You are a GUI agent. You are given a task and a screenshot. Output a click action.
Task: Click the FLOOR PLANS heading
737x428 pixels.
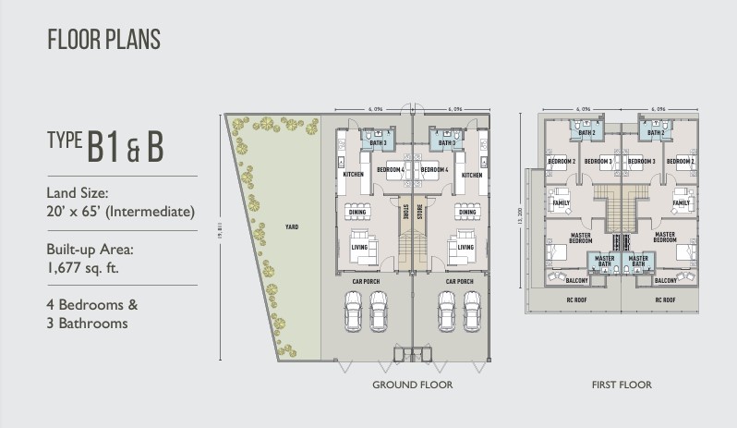103,39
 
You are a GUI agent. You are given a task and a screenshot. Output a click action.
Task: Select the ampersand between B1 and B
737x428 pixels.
131,151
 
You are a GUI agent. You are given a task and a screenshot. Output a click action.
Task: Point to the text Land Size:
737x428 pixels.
79,193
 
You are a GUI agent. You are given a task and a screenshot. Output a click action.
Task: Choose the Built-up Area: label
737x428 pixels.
92,249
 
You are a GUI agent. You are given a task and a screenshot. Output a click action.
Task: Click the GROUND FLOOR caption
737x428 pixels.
412,385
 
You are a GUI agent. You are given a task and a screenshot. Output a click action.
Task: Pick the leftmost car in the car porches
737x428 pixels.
352,311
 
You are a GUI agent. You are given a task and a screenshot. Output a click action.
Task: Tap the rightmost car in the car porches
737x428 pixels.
473,311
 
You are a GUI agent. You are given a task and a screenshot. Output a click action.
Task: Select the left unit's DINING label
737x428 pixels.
356,212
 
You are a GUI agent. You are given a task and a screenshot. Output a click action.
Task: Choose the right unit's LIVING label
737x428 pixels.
466,248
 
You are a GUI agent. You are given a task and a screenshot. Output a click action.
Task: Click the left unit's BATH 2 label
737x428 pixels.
587,133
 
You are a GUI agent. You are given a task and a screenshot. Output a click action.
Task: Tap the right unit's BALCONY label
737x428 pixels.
666,280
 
